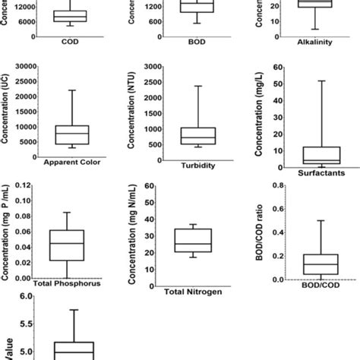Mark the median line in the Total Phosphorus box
tap(67, 244)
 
